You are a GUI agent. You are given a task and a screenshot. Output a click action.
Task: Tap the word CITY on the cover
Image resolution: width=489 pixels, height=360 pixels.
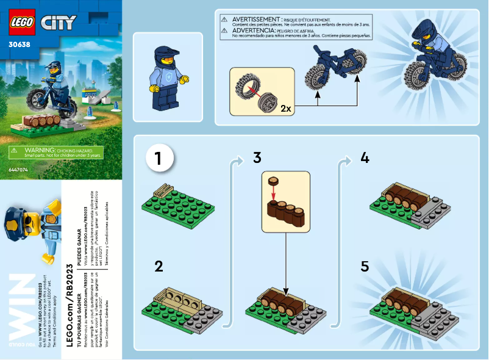point(58,23)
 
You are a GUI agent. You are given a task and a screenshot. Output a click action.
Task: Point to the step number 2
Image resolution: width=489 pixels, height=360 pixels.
point(159,266)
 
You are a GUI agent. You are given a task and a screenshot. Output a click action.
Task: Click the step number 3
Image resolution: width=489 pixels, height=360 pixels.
point(257,159)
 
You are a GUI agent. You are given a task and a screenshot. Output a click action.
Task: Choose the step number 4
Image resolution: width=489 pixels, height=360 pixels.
point(365,159)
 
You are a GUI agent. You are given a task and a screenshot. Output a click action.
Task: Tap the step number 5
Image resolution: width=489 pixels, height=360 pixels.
point(365,266)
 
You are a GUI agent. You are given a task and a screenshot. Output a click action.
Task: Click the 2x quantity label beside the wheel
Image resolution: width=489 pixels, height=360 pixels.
point(285,108)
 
